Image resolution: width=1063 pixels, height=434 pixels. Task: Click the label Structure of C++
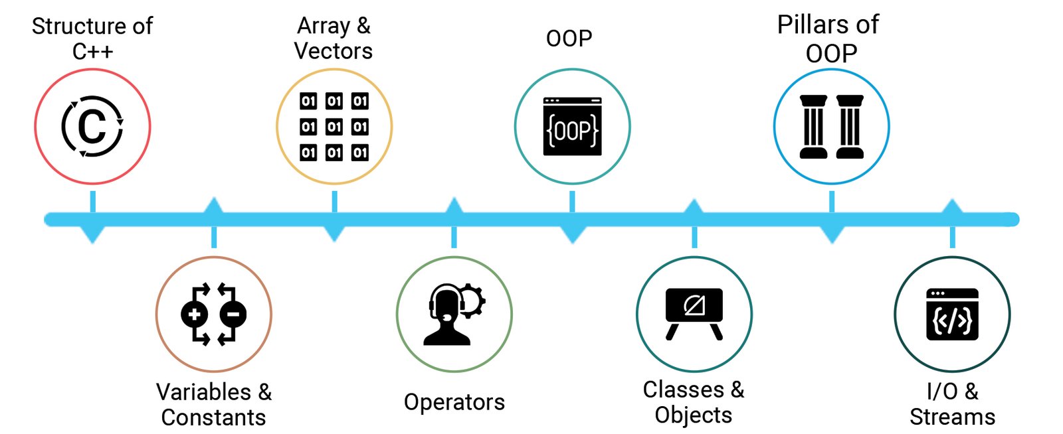pyautogui.click(x=92, y=38)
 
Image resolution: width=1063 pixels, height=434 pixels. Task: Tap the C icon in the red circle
pyautogui.click(x=92, y=126)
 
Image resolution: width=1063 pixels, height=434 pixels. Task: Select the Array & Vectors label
pyautogui.click(x=334, y=38)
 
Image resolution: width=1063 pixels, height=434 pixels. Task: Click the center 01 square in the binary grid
pyautogui.click(x=334, y=127)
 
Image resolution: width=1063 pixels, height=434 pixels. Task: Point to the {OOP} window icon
pyautogui.click(x=572, y=127)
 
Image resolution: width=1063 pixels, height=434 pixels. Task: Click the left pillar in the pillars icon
pyautogui.click(x=813, y=127)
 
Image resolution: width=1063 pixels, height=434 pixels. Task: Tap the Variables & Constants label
pyautogui.click(x=214, y=404)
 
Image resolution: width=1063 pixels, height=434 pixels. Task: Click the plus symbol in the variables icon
pyautogui.click(x=194, y=314)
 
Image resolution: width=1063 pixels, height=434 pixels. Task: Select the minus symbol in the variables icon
pyautogui.click(x=233, y=314)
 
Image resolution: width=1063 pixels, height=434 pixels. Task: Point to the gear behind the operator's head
pyautogui.click(x=473, y=301)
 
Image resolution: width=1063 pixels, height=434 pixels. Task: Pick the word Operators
pyautogui.click(x=454, y=402)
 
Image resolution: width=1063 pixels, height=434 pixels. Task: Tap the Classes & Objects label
pyautogui.click(x=694, y=402)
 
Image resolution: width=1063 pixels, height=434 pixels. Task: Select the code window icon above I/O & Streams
pyautogui.click(x=952, y=314)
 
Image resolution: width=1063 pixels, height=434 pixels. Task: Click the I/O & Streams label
pyautogui.click(x=952, y=403)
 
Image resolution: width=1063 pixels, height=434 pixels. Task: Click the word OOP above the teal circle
pyautogui.click(x=569, y=38)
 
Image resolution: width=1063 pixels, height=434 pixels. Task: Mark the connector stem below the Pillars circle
pyautogui.click(x=832, y=201)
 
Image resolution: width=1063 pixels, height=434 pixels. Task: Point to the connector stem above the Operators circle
pyautogui.click(x=454, y=238)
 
